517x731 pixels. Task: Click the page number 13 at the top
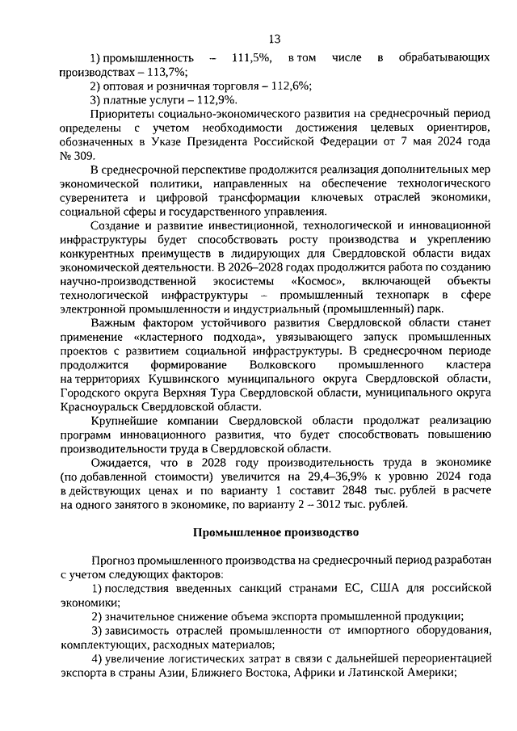(274, 39)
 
